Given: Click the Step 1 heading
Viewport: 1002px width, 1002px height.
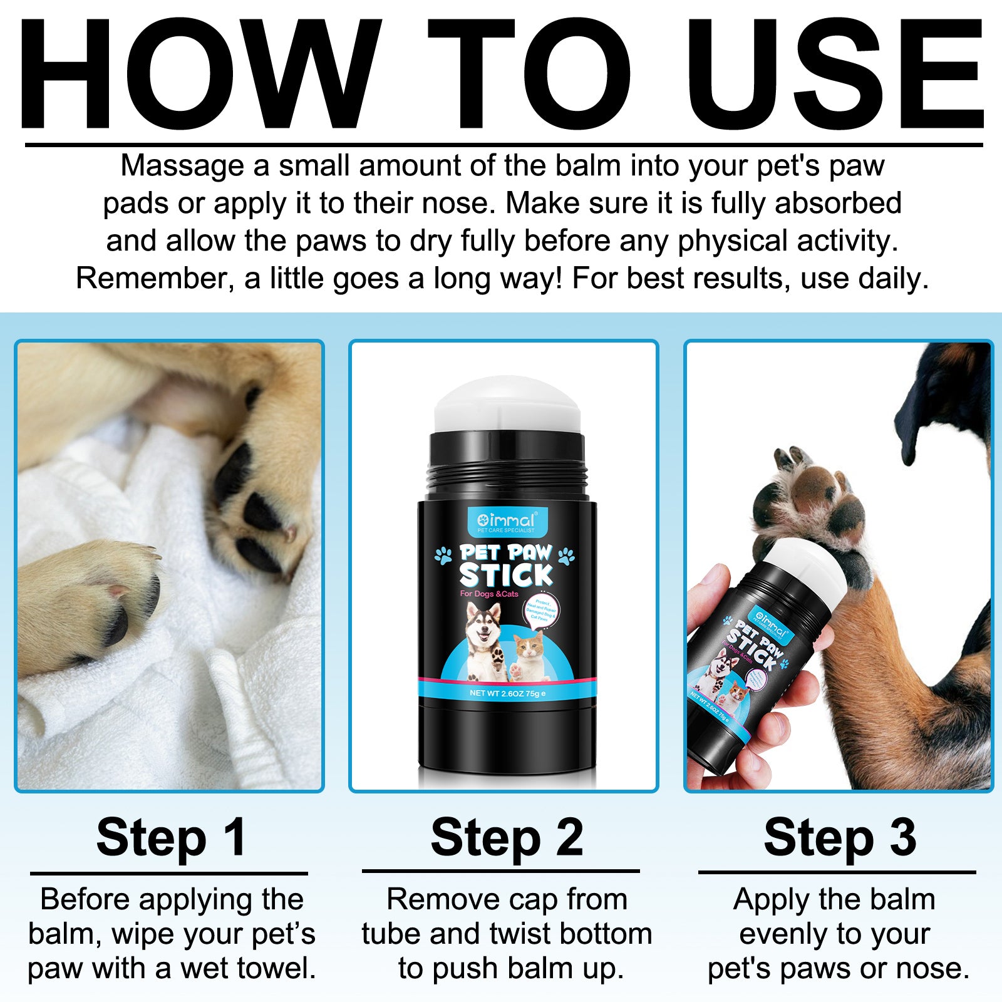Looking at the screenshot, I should (x=170, y=837).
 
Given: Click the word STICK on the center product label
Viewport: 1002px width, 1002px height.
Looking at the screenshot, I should (x=506, y=575).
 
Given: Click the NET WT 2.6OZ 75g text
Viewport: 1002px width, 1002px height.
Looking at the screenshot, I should (x=507, y=693).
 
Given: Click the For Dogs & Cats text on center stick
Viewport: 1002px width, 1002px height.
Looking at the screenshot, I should (x=489, y=594).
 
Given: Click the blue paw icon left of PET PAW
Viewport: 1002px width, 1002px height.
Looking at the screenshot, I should (x=443, y=555).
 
